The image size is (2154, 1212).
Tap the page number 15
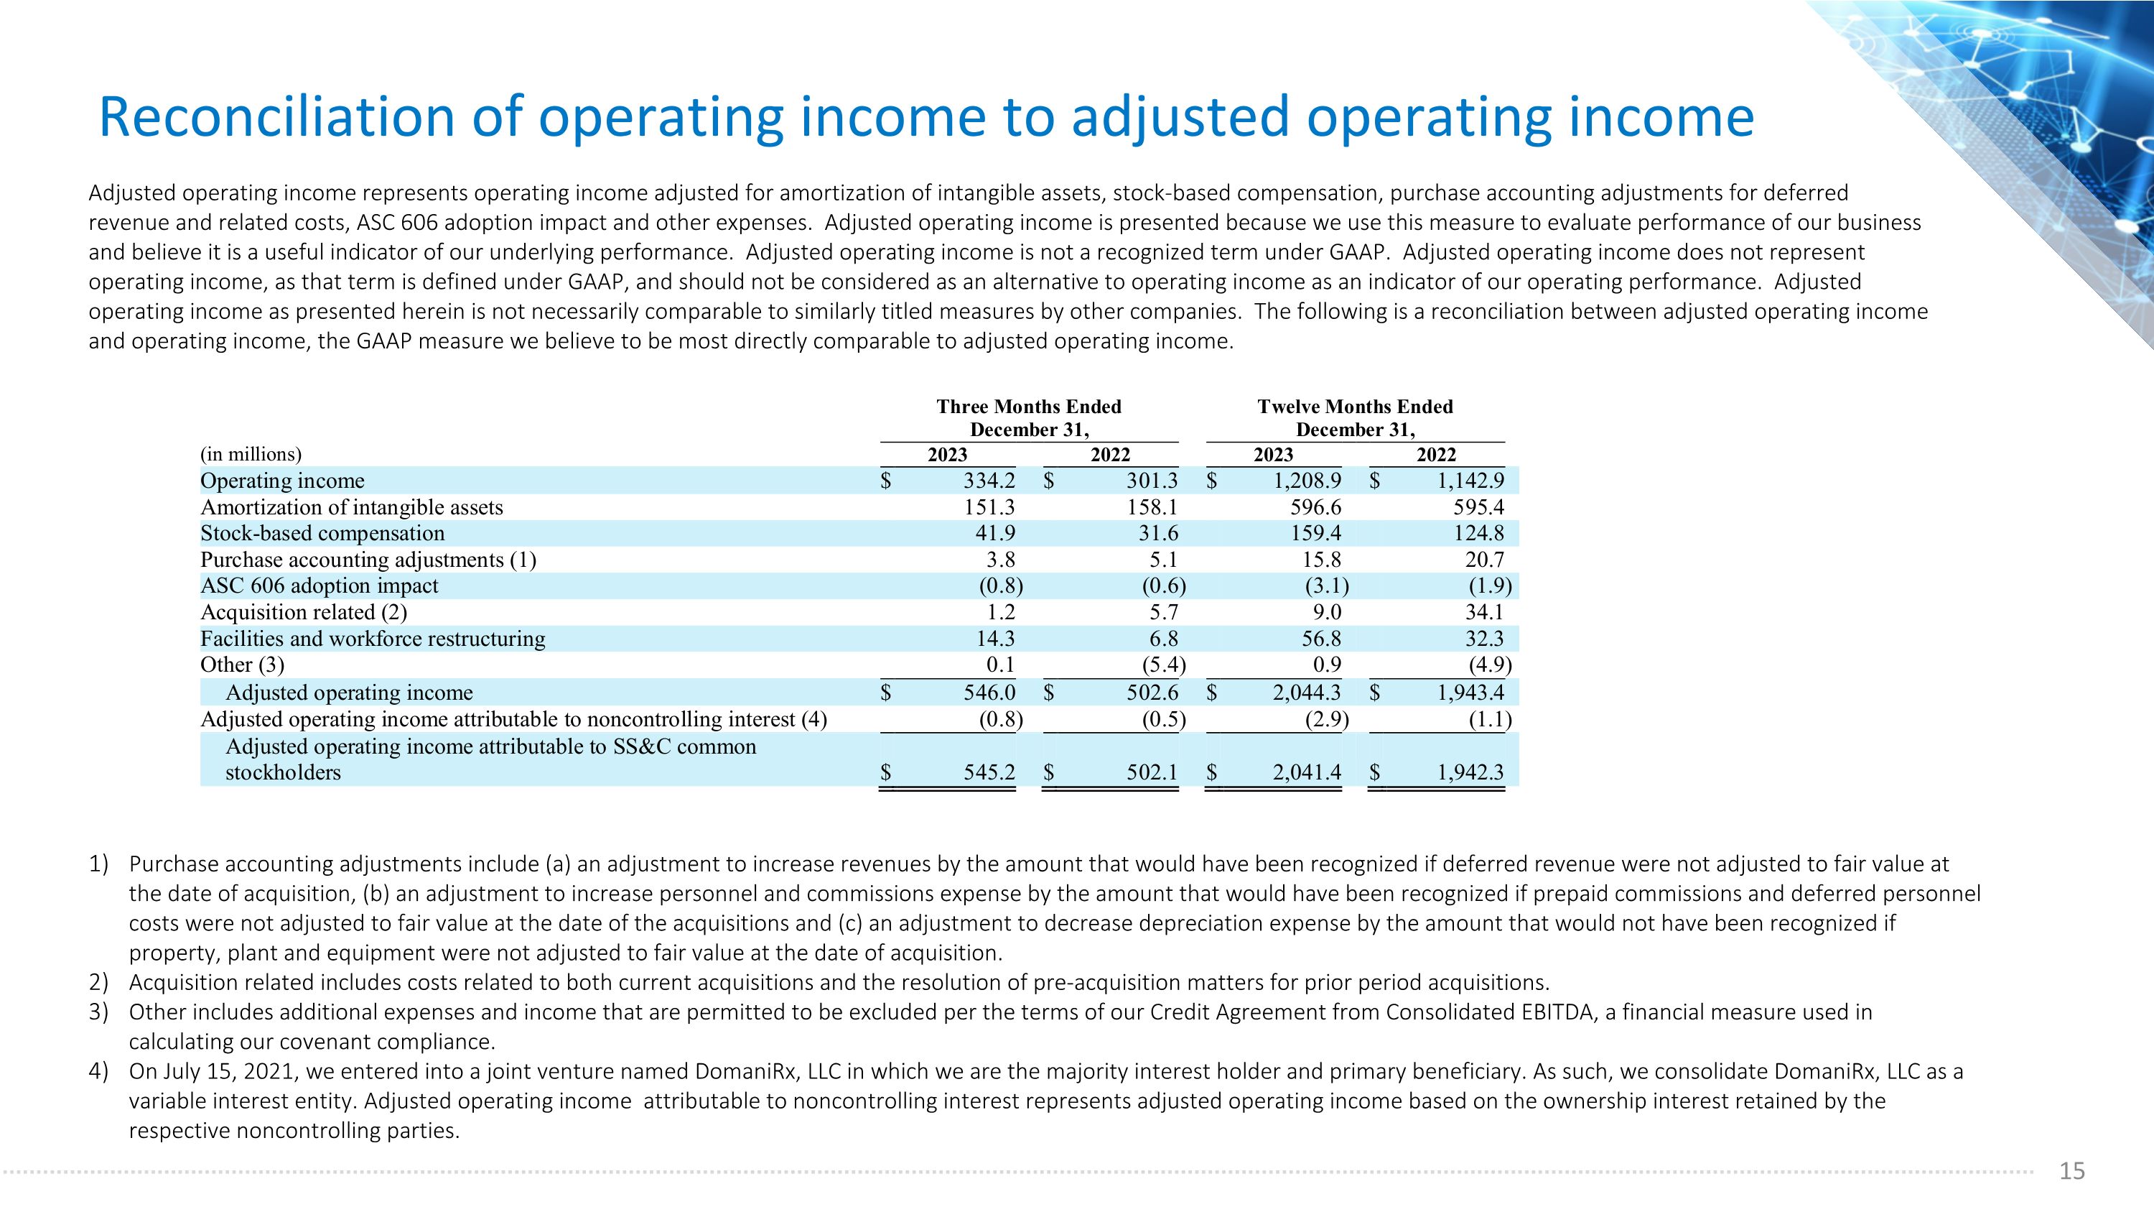pyautogui.click(x=2072, y=1171)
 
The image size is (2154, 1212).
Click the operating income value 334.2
pyautogui.click(x=989, y=481)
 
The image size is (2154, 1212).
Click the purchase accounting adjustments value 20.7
pyautogui.click(x=1484, y=560)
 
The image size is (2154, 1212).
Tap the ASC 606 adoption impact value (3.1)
pyautogui.click(x=1327, y=586)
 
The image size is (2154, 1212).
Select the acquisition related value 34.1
pyautogui.click(x=1484, y=612)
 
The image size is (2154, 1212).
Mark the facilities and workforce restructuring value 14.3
pyautogui.click(x=995, y=639)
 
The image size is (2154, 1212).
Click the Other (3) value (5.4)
pyautogui.click(x=1164, y=665)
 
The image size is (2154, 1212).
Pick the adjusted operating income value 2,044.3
pyautogui.click(x=1307, y=693)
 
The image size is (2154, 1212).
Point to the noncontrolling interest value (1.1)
pyautogui.click(x=1490, y=719)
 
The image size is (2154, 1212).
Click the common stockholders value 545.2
pyautogui.click(x=989, y=772)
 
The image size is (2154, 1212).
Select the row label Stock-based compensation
pyautogui.click(x=323, y=534)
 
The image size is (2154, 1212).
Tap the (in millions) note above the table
pyautogui.click(x=251, y=454)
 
